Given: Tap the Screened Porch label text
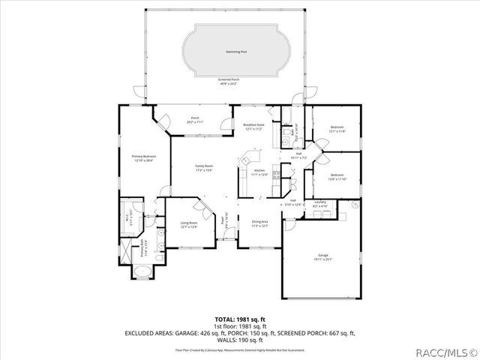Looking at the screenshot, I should coord(229,81).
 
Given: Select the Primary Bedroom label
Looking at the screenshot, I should coord(143,158).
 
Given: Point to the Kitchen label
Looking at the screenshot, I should coord(259,172).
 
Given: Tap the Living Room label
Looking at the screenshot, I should coord(188,224).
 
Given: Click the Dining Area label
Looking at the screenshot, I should coord(259,224).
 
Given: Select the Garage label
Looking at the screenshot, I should coord(322,257).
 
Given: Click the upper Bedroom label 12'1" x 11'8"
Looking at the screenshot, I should coord(337,129).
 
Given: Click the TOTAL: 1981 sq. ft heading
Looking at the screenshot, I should coord(239,319).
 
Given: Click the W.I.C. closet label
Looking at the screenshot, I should coord(134,218).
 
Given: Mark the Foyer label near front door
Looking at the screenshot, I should coord(223,223).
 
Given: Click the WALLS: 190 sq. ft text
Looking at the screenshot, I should coord(239,339).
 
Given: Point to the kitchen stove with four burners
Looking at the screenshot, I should coord(276,176).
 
